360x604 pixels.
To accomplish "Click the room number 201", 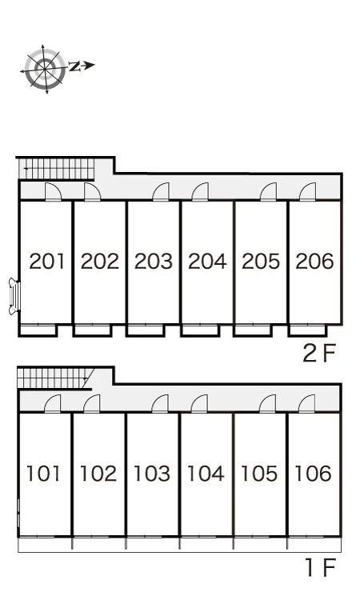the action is [47, 261].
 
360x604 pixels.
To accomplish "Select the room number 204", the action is [207, 261].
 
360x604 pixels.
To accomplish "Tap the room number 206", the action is [314, 261].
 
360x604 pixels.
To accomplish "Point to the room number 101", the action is [43, 474].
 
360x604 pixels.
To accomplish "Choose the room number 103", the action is [152, 474].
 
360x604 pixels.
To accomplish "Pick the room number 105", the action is [259, 474].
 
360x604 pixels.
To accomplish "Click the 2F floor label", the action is [319, 353].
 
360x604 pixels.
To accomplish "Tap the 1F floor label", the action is [321, 567].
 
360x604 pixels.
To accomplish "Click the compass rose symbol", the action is [45, 69].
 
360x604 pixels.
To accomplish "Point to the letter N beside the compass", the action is [74, 66].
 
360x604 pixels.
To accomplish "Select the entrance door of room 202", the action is [93, 191].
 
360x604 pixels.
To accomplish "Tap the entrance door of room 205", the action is [268, 191].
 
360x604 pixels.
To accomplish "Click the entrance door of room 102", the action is [92, 404].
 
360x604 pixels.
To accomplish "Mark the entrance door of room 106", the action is [307, 404].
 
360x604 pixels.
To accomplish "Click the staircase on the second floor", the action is [57, 169].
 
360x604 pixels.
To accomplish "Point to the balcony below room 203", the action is [146, 330].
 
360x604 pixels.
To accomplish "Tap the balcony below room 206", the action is [308, 330].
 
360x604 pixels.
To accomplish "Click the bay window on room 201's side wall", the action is [14, 296].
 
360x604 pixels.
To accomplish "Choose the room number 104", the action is [206, 474].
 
